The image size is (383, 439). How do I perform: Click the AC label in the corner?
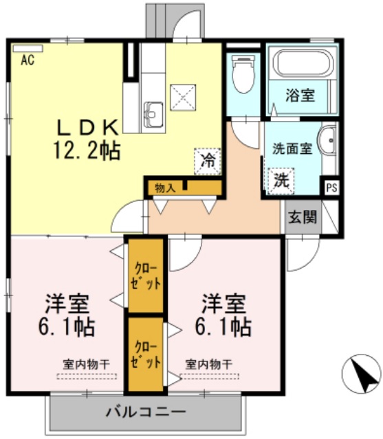click(x=28, y=60)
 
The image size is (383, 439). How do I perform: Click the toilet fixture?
click(x=243, y=76)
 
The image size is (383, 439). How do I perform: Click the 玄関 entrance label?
click(x=303, y=218)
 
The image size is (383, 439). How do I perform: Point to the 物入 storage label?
click(x=165, y=186)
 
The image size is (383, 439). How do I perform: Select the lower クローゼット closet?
click(x=146, y=354)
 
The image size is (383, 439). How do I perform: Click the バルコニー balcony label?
click(x=145, y=413)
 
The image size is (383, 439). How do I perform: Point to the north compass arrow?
click(x=360, y=373)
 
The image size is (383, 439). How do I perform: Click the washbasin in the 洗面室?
click(x=329, y=144)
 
